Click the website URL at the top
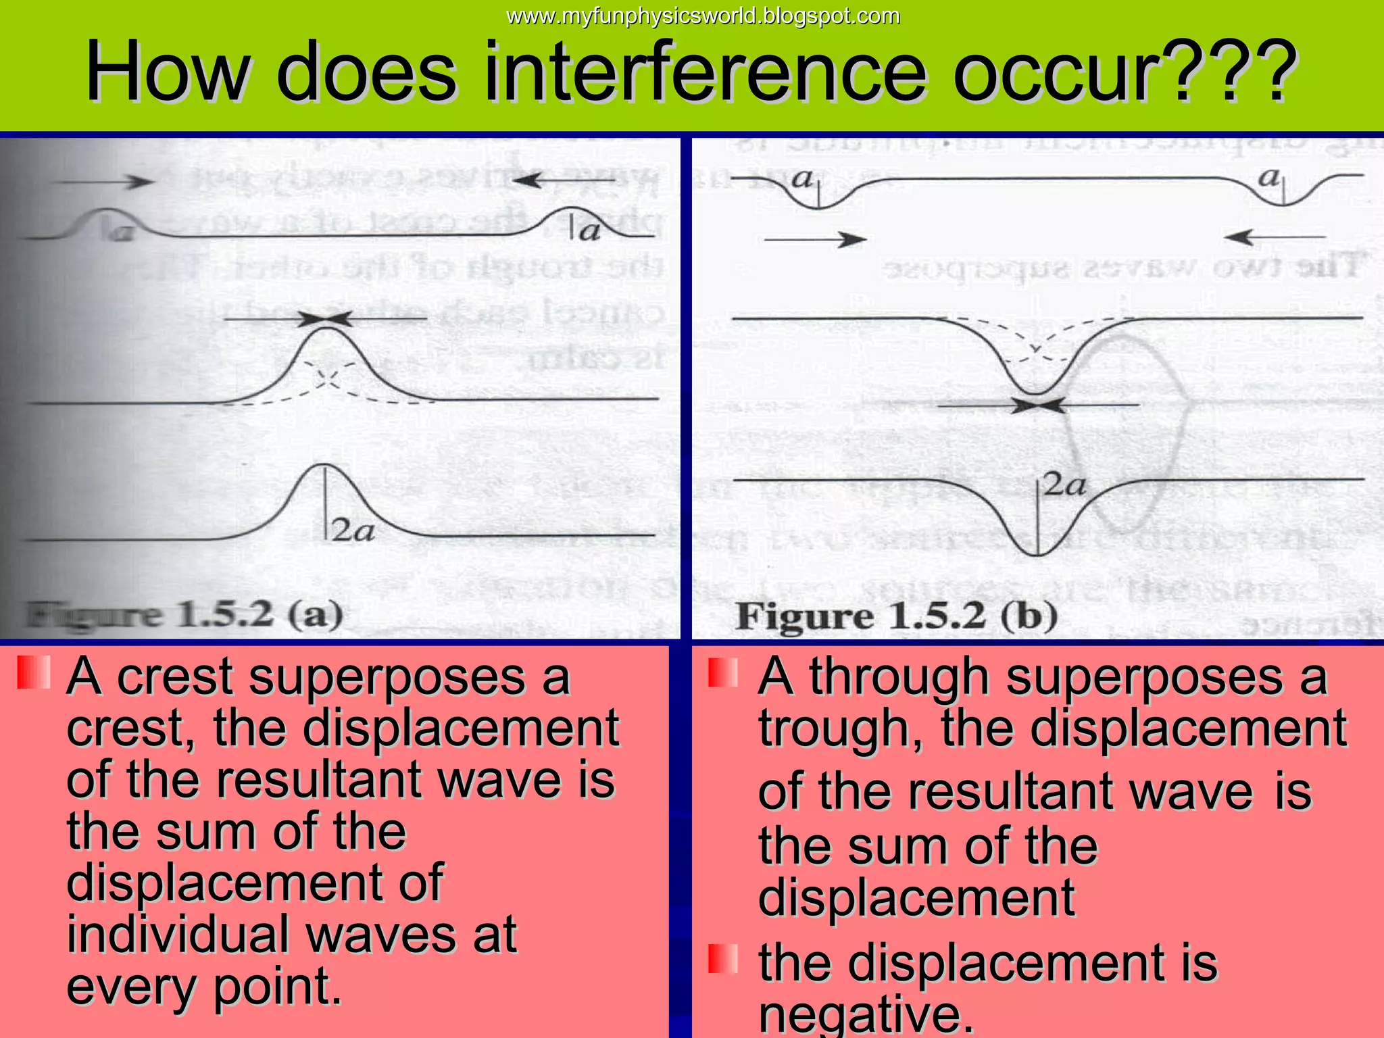tap(703, 16)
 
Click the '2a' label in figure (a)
tap(353, 532)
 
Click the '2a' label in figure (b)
tap(1065, 485)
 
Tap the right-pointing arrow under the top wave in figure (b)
tap(815, 239)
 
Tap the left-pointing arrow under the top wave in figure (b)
tap(1274, 237)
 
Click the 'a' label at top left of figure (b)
tap(802, 178)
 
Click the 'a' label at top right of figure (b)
tap(1269, 177)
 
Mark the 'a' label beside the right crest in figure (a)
tap(589, 232)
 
